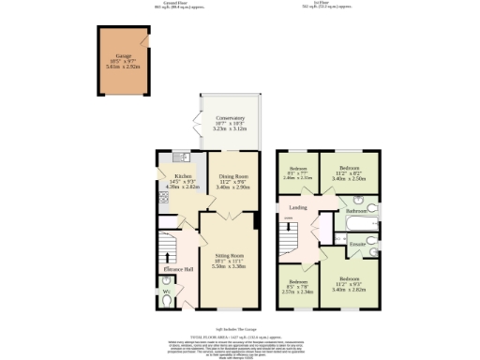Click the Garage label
(123, 56)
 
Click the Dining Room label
(232, 175)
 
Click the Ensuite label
(357, 246)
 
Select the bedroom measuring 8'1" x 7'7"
(298, 172)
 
